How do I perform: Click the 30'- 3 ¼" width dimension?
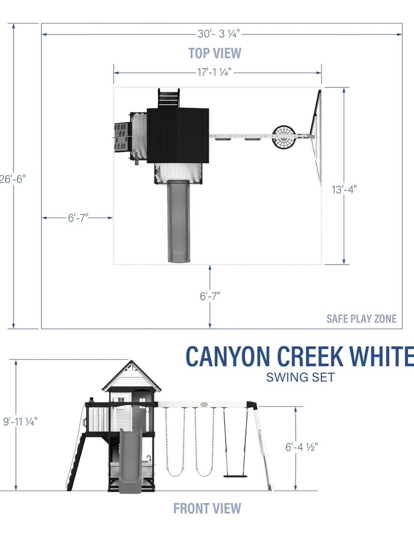pos(218,34)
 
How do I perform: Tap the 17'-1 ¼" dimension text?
pos(215,72)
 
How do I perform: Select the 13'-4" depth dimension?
pos(344,189)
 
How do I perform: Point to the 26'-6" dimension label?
pos(12,179)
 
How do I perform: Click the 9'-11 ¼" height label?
pos(20,421)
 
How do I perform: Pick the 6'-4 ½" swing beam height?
pos(301,447)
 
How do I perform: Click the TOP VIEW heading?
pos(215,53)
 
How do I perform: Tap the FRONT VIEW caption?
pos(207,508)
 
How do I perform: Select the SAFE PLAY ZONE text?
pos(362,319)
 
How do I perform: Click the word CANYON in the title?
pos(228,356)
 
